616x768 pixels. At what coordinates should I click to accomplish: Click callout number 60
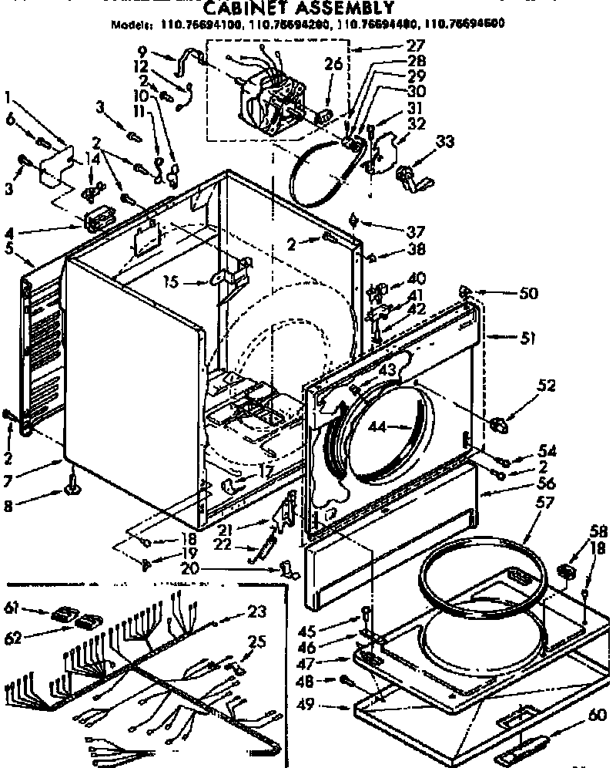pyautogui.click(x=598, y=715)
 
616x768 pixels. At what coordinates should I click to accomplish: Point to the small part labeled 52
pyautogui.click(x=497, y=424)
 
